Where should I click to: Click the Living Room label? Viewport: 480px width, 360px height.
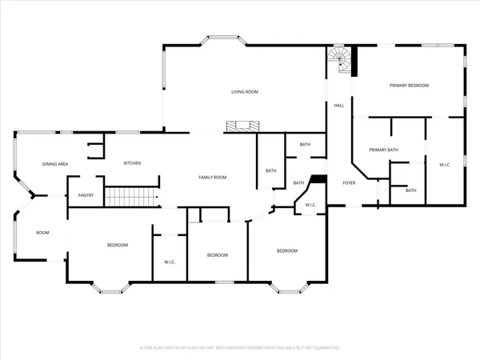[245, 92]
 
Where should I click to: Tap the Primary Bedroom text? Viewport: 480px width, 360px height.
[409, 85]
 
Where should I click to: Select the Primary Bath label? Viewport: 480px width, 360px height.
[383, 150]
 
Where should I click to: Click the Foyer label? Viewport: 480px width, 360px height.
[349, 183]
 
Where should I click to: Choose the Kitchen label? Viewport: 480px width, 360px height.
[132, 163]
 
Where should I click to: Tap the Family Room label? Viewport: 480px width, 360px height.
[213, 177]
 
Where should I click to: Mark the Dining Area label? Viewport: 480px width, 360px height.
[55, 164]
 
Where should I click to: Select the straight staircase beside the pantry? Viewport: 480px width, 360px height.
[132, 197]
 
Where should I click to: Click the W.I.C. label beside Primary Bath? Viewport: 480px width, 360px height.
[446, 165]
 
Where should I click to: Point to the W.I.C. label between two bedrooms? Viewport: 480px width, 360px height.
[170, 262]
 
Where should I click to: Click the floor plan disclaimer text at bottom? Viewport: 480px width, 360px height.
[240, 348]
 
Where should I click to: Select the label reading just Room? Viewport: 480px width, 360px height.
[42, 233]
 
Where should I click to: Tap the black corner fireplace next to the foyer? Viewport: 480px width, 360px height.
[318, 181]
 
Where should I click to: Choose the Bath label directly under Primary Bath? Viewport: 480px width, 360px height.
[410, 190]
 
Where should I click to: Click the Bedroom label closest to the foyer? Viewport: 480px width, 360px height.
[287, 251]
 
